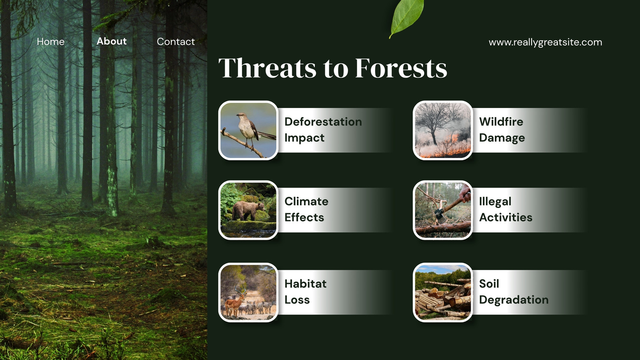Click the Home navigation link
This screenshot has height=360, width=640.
(x=50, y=42)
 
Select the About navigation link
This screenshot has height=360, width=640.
(x=112, y=41)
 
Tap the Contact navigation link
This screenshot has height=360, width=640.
(x=176, y=42)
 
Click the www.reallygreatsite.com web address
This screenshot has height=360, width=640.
(x=545, y=42)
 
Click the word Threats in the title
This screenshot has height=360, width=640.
(x=267, y=68)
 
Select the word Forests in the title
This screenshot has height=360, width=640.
(x=401, y=68)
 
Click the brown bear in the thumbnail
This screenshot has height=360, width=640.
(x=248, y=210)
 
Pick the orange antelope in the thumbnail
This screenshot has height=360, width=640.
(x=236, y=302)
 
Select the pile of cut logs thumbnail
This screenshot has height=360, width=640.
(x=443, y=292)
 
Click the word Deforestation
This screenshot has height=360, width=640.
(x=323, y=122)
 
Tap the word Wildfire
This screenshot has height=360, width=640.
(x=501, y=122)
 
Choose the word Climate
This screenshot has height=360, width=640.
(x=306, y=202)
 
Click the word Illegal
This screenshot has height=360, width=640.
(x=495, y=202)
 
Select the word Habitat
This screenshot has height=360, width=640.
(x=306, y=284)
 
